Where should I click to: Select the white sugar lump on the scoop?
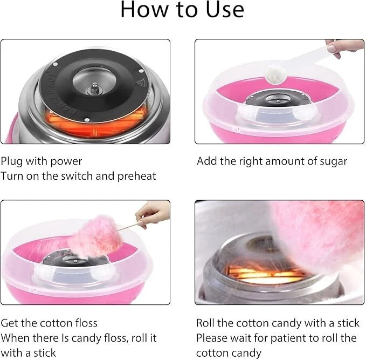(x=276, y=72)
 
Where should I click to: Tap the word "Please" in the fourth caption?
(x=212, y=338)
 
